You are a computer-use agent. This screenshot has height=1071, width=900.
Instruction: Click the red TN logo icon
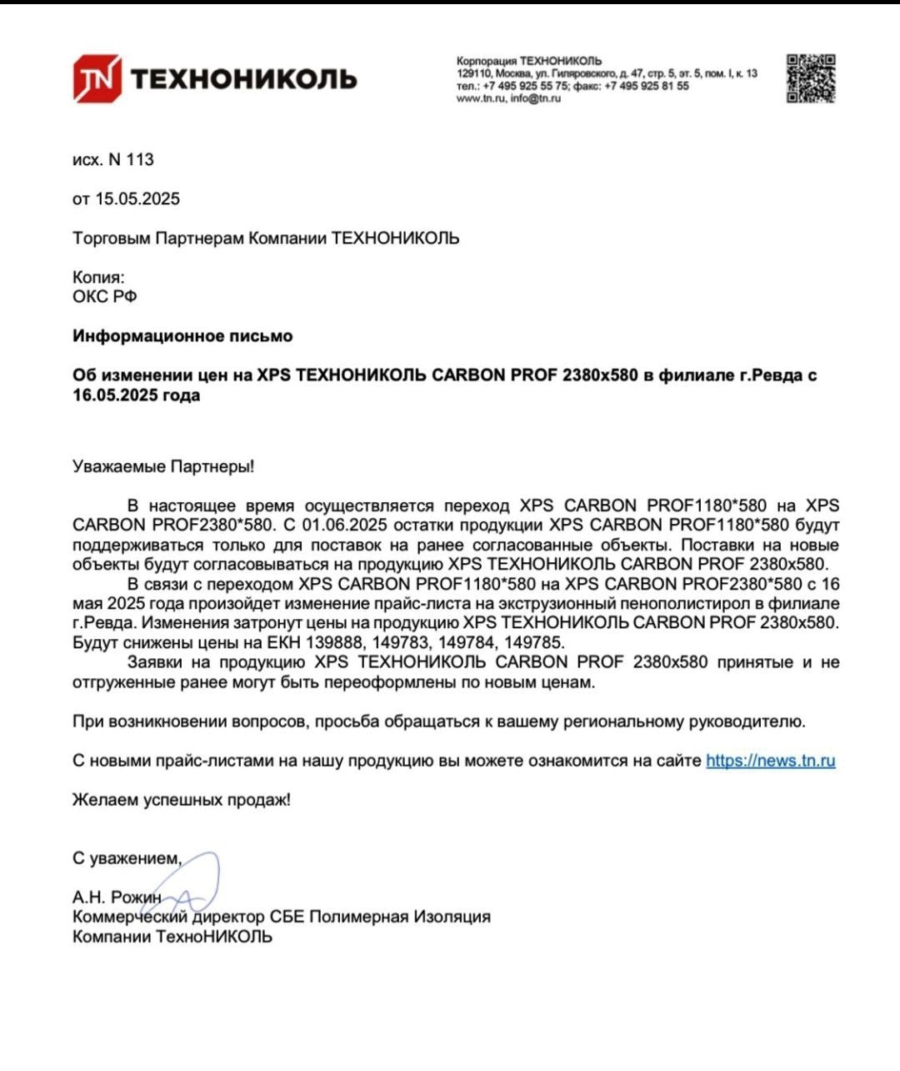point(97,78)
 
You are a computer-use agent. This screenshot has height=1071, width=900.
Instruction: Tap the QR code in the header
point(810,78)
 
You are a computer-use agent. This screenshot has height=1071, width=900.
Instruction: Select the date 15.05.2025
point(137,199)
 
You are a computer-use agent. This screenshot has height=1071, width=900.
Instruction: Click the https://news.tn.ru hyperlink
point(770,761)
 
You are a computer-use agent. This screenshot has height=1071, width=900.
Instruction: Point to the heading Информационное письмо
point(182,336)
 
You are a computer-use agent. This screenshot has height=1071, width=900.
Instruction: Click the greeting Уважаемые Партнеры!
point(163,466)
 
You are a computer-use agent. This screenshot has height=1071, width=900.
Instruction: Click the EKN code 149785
point(534,643)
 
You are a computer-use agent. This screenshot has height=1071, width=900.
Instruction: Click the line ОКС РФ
point(104,297)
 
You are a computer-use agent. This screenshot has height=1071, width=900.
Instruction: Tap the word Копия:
point(98,277)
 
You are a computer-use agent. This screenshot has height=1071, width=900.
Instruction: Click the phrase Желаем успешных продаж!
point(182,800)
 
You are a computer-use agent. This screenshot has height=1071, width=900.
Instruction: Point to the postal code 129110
point(473,73)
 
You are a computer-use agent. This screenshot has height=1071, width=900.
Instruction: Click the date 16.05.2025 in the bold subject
point(115,395)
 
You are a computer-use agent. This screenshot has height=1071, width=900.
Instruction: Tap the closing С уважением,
point(127,858)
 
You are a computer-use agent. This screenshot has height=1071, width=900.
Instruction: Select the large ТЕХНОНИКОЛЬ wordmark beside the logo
point(244,79)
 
